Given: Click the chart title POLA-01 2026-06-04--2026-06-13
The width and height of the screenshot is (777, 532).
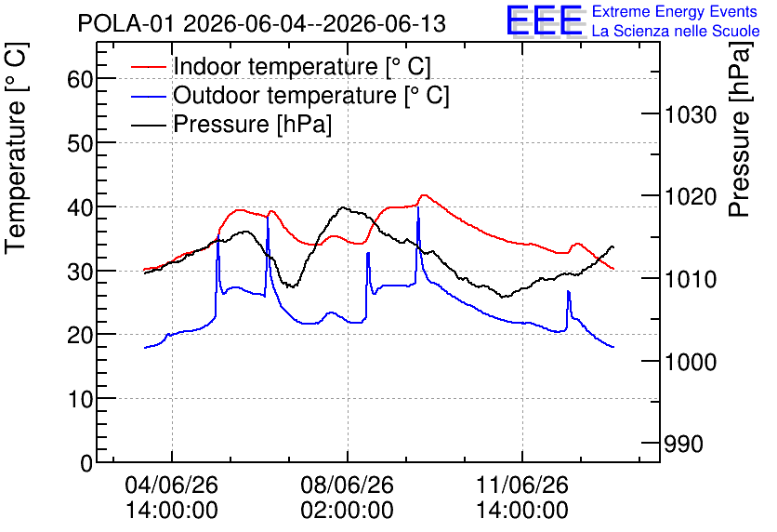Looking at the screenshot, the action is pyautogui.click(x=262, y=24).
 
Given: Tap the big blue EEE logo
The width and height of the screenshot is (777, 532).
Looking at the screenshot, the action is pyautogui.click(x=545, y=20).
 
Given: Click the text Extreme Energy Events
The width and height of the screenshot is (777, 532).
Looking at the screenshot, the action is pyautogui.click(x=675, y=11).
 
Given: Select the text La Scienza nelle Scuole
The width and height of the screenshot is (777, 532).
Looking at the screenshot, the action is pyautogui.click(x=676, y=32).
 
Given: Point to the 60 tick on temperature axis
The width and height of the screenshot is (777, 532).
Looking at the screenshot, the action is pyautogui.click(x=80, y=79).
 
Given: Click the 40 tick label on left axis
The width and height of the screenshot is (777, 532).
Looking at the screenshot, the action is pyautogui.click(x=80, y=207).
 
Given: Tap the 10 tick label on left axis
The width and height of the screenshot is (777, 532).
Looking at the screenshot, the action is pyautogui.click(x=80, y=399).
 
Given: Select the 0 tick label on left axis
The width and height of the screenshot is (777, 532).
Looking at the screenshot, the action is pyautogui.click(x=86, y=463).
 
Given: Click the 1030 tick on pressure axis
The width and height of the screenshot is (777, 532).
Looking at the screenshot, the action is pyautogui.click(x=691, y=115).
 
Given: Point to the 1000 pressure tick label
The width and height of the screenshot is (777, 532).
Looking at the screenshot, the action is pyautogui.click(x=691, y=362).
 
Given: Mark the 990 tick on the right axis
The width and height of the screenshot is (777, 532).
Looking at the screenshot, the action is pyautogui.click(x=683, y=445).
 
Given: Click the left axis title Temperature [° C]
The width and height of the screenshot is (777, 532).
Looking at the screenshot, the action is pyautogui.click(x=16, y=149).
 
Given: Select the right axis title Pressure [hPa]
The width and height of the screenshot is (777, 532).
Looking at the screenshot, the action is pyautogui.click(x=740, y=130).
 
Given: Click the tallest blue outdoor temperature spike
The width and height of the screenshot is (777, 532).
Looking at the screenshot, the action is pyautogui.click(x=418, y=207).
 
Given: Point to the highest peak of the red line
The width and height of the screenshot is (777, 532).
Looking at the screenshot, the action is pyautogui.click(x=424, y=195).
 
